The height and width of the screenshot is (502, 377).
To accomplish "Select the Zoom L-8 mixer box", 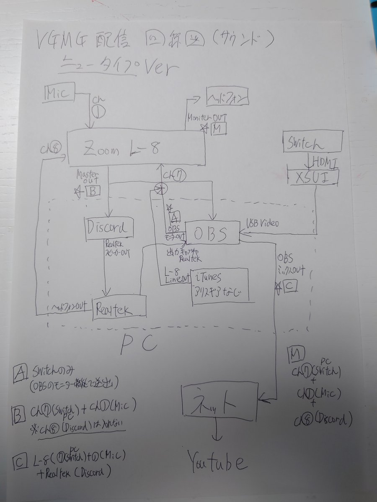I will (x=137, y=148).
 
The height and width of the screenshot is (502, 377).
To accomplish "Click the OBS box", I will (x=212, y=233).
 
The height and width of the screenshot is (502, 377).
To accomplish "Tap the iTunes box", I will (x=219, y=284).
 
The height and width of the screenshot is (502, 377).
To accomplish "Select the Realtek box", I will (x=119, y=309).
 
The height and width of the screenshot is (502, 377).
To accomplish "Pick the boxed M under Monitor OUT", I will (x=218, y=128).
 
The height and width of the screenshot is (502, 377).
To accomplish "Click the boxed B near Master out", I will (x=93, y=192).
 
